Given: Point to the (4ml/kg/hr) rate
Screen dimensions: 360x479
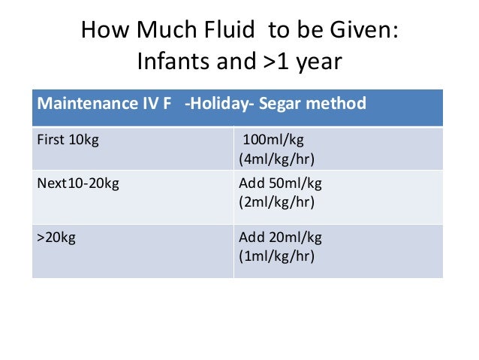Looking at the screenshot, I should [276, 159].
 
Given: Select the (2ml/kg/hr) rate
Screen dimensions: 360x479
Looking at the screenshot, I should [276, 202].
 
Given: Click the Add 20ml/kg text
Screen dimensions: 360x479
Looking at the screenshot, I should [279, 237].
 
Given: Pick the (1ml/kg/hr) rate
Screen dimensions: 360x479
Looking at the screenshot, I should [276, 255].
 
